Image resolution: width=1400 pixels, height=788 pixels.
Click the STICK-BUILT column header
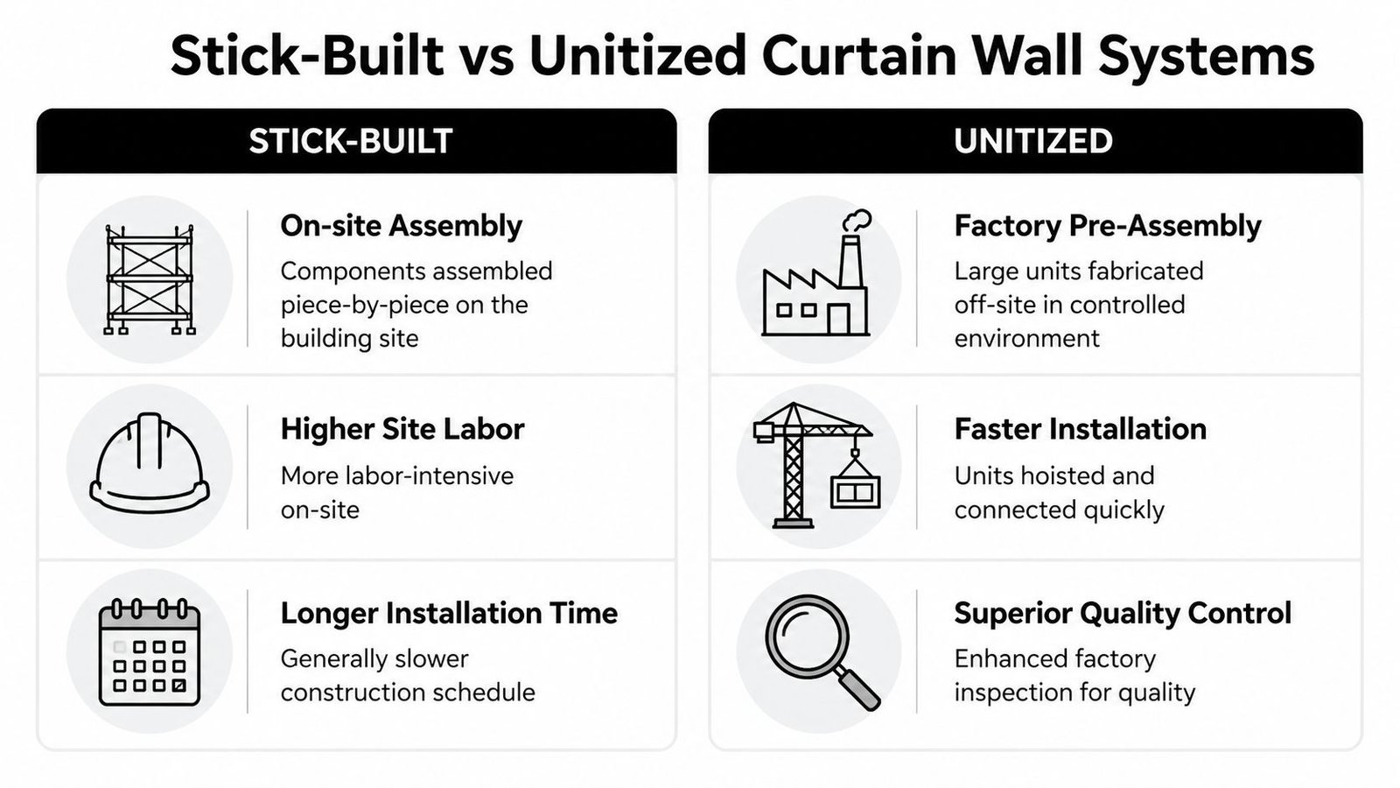(350, 141)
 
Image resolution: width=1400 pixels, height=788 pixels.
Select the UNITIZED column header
(1033, 141)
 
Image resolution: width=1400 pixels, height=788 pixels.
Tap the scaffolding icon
(150, 279)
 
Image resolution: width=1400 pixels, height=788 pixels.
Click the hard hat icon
(150, 464)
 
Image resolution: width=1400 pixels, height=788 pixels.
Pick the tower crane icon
(815, 464)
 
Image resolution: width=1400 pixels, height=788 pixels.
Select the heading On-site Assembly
(401, 226)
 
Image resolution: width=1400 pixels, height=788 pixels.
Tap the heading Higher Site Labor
(402, 429)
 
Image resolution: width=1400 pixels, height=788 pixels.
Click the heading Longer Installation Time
(449, 613)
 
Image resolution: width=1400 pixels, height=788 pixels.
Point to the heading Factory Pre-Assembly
(1107, 226)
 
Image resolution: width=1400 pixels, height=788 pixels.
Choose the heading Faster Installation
(1080, 429)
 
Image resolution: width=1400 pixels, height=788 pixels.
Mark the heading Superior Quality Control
(1123, 613)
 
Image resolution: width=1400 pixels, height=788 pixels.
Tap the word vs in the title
(485, 56)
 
